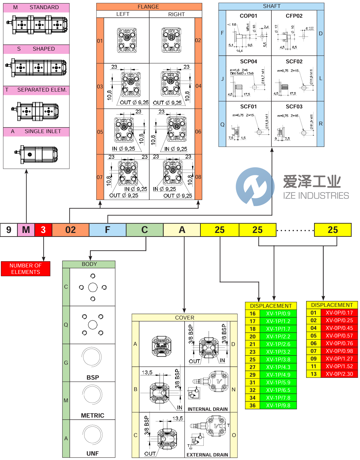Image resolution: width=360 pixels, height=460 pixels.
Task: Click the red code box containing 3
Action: tap(43, 230)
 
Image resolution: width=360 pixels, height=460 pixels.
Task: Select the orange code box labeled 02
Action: tap(71, 230)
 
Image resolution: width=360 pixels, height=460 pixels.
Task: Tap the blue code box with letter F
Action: tap(107, 230)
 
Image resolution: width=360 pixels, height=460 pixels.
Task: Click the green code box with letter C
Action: tap(145, 230)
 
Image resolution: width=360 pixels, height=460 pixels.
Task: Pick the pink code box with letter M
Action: tap(26, 230)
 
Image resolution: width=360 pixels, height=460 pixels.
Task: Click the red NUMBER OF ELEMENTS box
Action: tap(26, 269)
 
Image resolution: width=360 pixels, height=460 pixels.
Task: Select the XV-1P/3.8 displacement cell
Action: tap(278, 360)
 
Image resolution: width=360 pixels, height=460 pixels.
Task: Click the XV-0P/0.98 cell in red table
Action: tap(339, 351)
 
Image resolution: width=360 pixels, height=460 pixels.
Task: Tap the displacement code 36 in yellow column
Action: tap(253, 406)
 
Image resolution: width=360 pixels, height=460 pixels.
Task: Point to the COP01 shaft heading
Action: tap(248, 16)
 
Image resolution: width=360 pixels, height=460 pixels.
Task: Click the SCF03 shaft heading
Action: tap(294, 107)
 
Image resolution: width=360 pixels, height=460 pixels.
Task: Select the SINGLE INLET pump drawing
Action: tap(36, 154)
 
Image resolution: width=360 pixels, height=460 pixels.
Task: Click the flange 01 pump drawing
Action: tap(127, 40)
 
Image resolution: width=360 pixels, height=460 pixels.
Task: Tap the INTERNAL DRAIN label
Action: tap(208, 409)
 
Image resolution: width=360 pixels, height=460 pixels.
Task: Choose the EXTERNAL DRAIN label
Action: tap(207, 455)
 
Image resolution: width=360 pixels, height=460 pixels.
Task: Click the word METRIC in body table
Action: tap(92, 416)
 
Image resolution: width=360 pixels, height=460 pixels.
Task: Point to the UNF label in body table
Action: tap(92, 454)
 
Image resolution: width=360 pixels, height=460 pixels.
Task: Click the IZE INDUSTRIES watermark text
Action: tap(316, 196)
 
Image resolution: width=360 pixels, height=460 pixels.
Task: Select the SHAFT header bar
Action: tap(271, 6)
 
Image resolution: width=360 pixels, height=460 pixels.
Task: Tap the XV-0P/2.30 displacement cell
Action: tap(339, 374)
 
